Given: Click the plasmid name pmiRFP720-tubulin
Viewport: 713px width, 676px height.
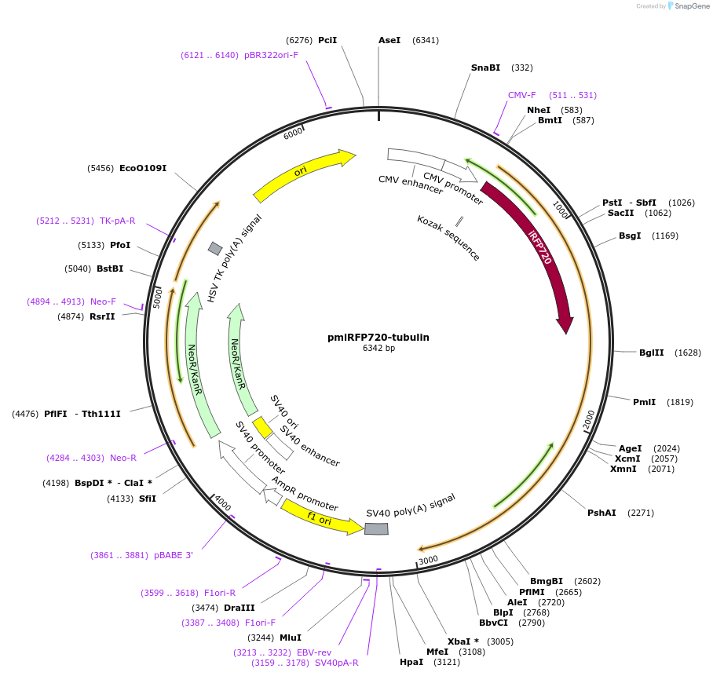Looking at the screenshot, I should (378, 338).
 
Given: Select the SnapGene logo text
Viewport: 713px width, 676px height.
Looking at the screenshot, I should (691, 6).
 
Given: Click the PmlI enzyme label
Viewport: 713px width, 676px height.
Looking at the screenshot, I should (644, 402).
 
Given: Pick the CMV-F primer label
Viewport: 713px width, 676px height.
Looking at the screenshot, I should (521, 95).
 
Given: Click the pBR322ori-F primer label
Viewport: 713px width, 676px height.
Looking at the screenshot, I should (271, 55).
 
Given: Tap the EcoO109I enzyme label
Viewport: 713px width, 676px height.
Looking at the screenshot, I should (143, 168).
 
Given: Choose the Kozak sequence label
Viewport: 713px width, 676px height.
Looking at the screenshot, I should (448, 237).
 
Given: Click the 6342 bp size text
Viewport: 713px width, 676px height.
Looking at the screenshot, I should (378, 348).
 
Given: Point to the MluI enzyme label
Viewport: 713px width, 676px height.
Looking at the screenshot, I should (291, 638).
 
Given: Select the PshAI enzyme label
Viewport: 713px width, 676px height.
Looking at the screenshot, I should (601, 513).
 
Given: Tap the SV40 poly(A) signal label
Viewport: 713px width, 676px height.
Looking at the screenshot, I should (411, 506).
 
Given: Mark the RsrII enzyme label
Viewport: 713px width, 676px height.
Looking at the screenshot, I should (102, 316).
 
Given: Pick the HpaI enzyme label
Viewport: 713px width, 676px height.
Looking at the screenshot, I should (411, 662).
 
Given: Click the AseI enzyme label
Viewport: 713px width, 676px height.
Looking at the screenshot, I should (389, 40).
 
